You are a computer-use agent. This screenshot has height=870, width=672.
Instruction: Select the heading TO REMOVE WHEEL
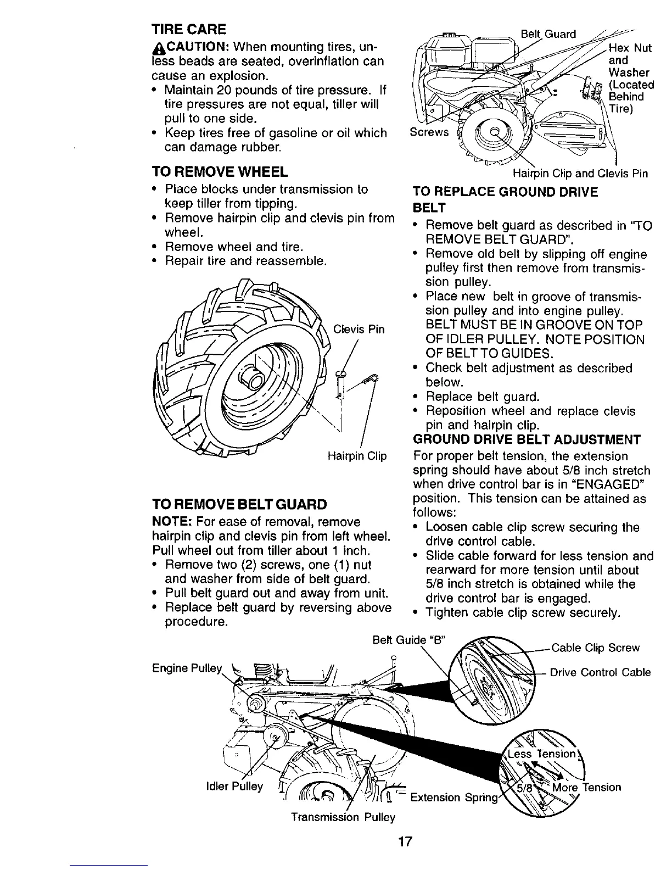pyautogui.click(x=220, y=172)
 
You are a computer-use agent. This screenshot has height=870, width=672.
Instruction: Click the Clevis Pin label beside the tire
pyautogui.click(x=359, y=330)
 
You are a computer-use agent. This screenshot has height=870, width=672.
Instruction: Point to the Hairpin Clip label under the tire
pyautogui.click(x=357, y=456)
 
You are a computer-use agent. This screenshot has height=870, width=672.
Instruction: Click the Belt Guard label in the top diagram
pyautogui.click(x=548, y=34)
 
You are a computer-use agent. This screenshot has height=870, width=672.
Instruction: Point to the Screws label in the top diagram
pyautogui.click(x=429, y=132)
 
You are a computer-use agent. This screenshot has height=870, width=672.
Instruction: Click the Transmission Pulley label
pyautogui.click(x=343, y=817)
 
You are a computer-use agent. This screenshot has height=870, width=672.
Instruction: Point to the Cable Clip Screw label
pyautogui.click(x=595, y=648)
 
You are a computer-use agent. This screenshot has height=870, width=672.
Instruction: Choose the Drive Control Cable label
pyautogui.click(x=600, y=672)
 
